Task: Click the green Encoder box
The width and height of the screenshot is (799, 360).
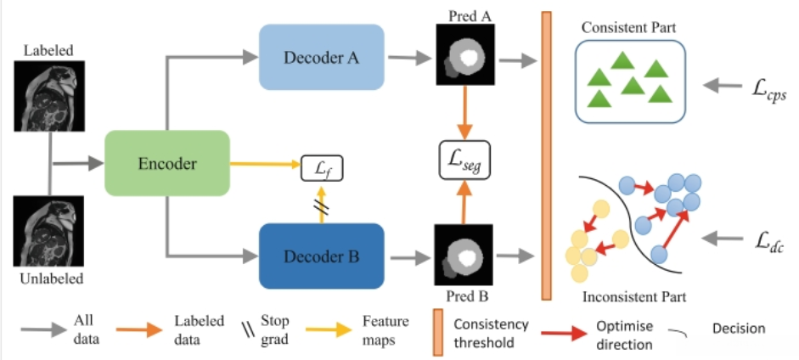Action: [x=167, y=163]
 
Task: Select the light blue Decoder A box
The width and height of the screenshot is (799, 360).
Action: [x=322, y=57]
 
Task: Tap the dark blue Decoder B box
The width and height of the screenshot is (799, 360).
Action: [x=322, y=256]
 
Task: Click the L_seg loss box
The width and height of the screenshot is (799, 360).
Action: [x=464, y=160]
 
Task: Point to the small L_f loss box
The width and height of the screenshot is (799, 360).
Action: [x=322, y=168]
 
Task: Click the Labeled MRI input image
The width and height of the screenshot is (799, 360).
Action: [x=49, y=96]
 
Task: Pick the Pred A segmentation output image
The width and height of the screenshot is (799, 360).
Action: [x=464, y=54]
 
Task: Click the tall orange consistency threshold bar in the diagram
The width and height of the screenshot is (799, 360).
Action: [x=546, y=156]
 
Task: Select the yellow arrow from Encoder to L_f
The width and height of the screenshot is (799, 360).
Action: [x=264, y=164]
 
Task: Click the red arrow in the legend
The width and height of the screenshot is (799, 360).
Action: [x=564, y=334]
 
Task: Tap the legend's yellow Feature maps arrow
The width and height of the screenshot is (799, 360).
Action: [x=329, y=330]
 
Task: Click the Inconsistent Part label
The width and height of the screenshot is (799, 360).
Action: [x=634, y=295]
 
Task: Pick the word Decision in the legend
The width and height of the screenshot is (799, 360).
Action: [x=739, y=329]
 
